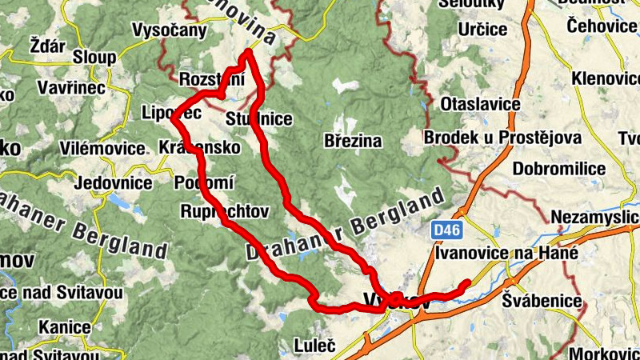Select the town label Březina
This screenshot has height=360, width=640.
click(353, 141)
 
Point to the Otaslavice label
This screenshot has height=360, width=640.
click(480, 104)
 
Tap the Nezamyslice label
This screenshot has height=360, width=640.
click(595, 218)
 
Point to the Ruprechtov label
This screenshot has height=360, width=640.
click(224, 211)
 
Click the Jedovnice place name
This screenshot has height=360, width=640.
click(112, 182)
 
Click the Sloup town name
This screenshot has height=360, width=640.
click(94, 58)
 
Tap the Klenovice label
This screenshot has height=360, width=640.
click(606, 78)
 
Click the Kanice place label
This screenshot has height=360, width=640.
click(58, 326)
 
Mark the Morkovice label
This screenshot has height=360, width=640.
click(605, 353)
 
